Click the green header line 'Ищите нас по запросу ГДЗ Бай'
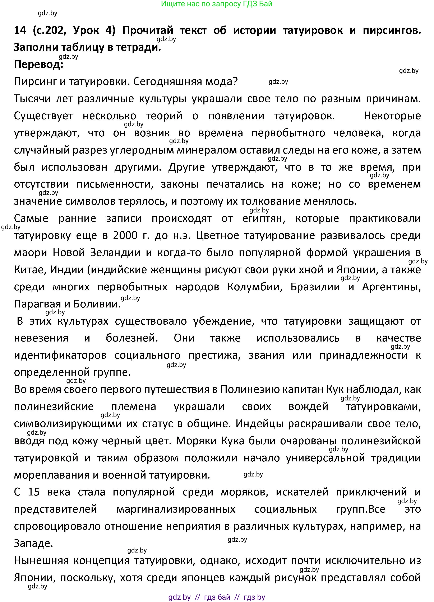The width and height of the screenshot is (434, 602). (x=217, y=4)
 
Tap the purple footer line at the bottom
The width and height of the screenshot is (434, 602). (x=217, y=597)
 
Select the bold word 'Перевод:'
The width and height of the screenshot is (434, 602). (x=38, y=65)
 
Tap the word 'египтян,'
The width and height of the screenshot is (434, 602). (x=264, y=218)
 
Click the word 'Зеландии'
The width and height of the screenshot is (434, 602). (x=115, y=253)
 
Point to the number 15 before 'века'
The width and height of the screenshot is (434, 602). (x=34, y=492)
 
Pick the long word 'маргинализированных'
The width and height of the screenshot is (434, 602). (x=176, y=509)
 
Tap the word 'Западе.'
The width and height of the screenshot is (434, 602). (x=33, y=543)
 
